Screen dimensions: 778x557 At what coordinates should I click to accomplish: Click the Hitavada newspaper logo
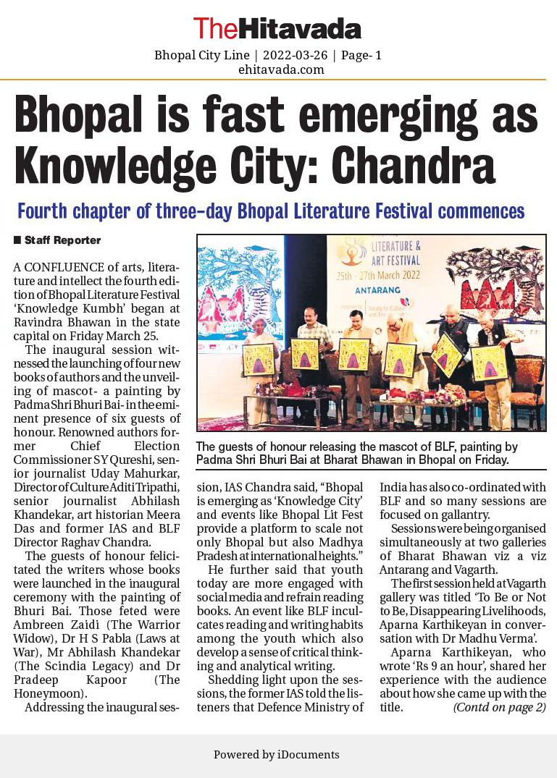(277, 28)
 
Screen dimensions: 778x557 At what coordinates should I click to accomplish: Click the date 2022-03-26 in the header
(294, 55)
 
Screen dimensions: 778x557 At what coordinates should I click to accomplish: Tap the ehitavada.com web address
(281, 69)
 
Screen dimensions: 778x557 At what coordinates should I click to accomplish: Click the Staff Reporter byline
(62, 240)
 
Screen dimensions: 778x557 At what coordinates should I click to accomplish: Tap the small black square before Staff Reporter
(17, 240)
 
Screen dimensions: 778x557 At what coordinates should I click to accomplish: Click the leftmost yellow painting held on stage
(259, 358)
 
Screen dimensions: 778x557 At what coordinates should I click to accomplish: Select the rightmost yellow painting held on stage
(490, 362)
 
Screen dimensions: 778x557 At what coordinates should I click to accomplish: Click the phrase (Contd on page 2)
(500, 707)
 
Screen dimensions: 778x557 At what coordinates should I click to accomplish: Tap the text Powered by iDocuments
(276, 754)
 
